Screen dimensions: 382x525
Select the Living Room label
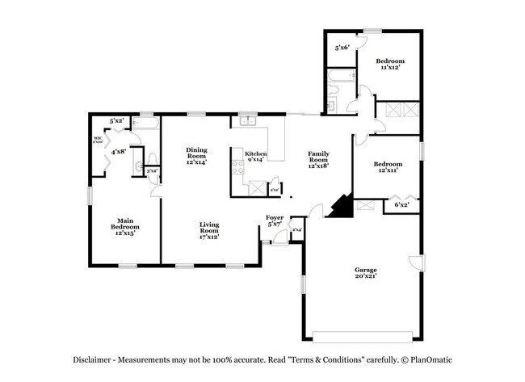[x=210, y=229]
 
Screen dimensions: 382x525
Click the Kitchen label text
[x=255, y=153]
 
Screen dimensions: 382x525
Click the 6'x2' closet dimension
[x=401, y=205]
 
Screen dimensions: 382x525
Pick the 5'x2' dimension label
[x=116, y=121]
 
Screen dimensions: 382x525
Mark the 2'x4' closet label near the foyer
[x=296, y=230]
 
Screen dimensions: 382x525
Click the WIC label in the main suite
[x=98, y=137]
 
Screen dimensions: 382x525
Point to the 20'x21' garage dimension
[x=366, y=277]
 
